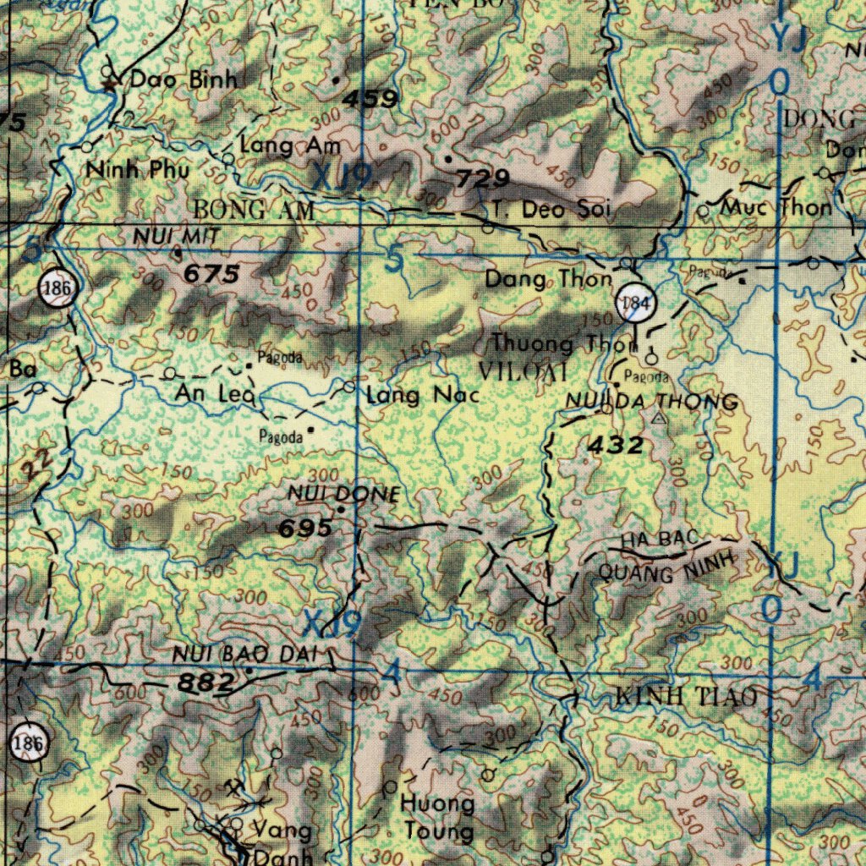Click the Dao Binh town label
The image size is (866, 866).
tap(183, 80)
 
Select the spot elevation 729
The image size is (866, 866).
tap(483, 178)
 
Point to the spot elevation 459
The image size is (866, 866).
tap(370, 100)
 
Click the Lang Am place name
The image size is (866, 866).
tap(289, 146)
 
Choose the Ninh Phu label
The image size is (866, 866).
tap(139, 170)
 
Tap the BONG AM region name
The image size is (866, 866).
tap(254, 209)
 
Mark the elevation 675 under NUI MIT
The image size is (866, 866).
tap(211, 274)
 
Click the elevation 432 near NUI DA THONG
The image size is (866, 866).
tap(615, 445)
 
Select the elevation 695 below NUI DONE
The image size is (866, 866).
tap(305, 529)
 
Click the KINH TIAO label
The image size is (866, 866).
tap(686, 698)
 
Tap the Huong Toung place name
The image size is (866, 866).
tap(437, 816)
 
